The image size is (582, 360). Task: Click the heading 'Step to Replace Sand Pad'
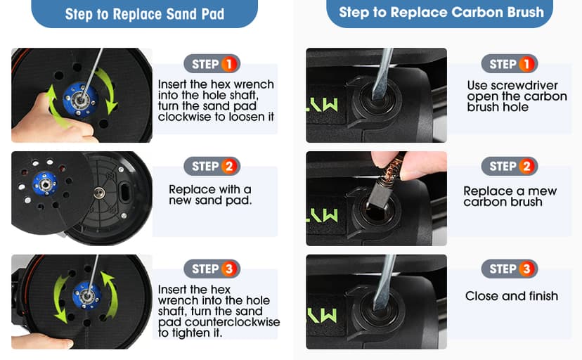144,14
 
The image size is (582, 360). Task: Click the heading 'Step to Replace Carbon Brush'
441,12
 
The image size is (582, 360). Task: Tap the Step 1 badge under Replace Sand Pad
212,64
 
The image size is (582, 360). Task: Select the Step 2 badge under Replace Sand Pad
212,166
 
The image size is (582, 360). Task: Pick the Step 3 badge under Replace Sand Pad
212,269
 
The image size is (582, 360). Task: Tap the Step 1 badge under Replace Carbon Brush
510,64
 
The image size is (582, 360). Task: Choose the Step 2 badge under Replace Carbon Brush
510,166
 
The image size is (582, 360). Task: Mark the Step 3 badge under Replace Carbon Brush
510,269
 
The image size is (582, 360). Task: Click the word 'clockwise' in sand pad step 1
186,117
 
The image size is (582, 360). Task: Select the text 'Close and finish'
512,296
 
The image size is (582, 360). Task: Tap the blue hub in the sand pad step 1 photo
81,100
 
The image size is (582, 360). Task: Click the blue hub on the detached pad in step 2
45,184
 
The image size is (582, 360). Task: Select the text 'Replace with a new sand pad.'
210,195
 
